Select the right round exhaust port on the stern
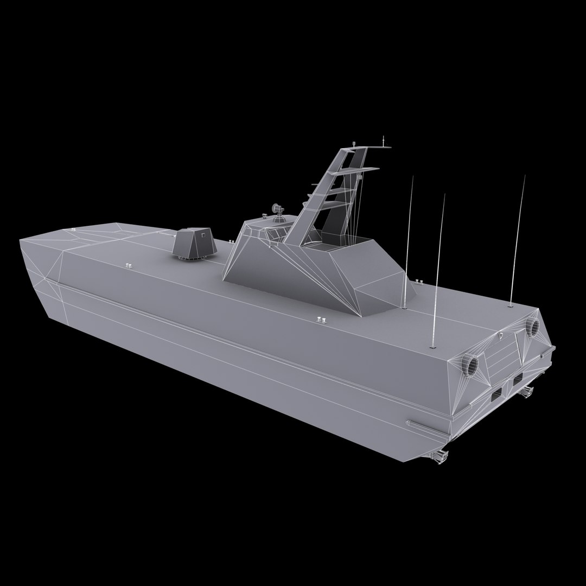[x=532, y=326]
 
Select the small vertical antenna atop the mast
[x=384, y=141]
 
